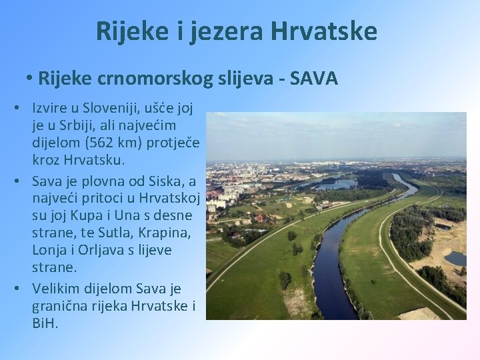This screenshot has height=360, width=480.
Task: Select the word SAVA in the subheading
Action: click(315, 79)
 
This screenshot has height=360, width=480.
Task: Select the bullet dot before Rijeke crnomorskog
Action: click(31, 79)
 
